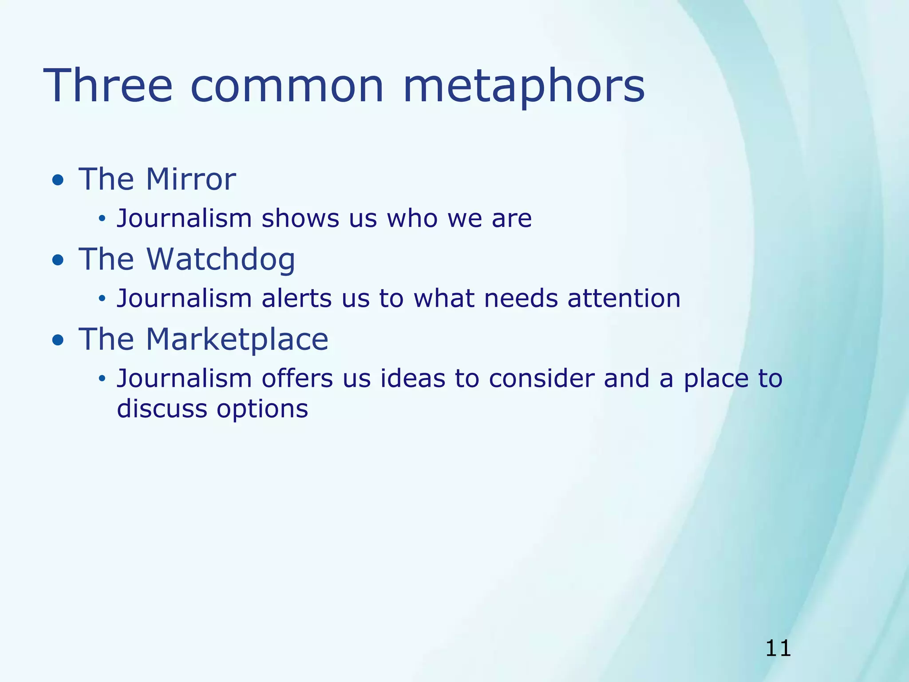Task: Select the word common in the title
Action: pyautogui.click(x=287, y=87)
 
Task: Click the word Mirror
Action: pyautogui.click(x=191, y=179)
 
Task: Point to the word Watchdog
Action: pyautogui.click(x=220, y=259)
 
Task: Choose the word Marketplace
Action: pyautogui.click(x=237, y=340)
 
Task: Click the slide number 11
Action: pyautogui.click(x=778, y=649)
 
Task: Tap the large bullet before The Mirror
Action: pyautogui.click(x=58, y=181)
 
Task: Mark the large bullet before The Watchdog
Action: pyautogui.click(x=58, y=261)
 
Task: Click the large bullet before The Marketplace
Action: pyautogui.click(x=58, y=341)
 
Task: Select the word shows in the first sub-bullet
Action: pyautogui.click(x=300, y=218)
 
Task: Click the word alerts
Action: pyautogui.click(x=296, y=298)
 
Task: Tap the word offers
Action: pyautogui.click(x=297, y=378)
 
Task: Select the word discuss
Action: pyautogui.click(x=162, y=409)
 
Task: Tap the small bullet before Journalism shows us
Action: pyautogui.click(x=102, y=218)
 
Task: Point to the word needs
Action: pyautogui.click(x=520, y=298)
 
